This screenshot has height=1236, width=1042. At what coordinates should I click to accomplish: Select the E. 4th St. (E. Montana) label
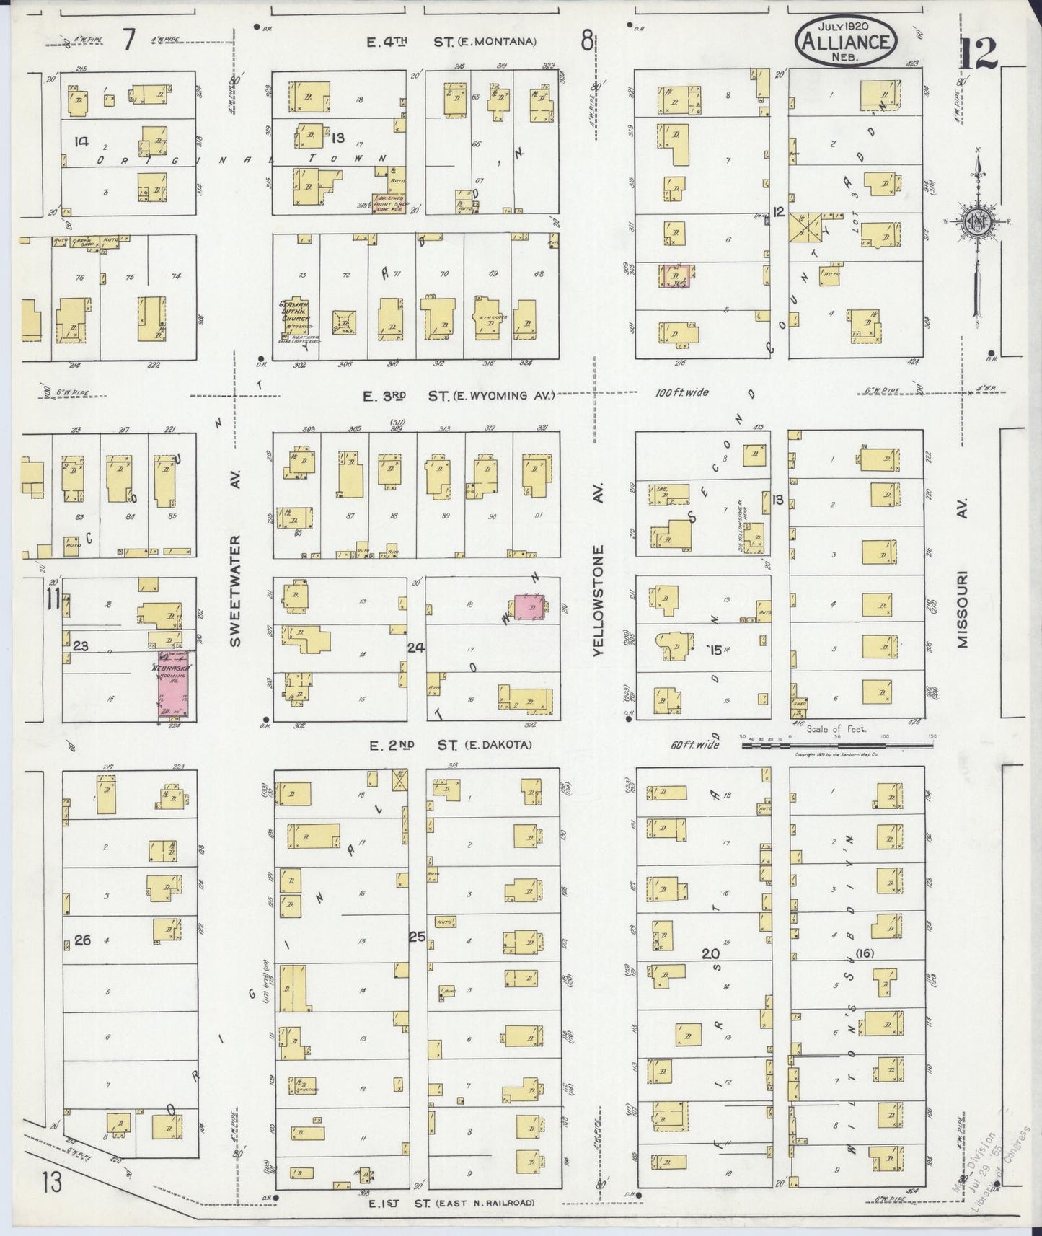click(x=451, y=42)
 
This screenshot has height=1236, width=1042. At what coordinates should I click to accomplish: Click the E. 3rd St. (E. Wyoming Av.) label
click(x=459, y=395)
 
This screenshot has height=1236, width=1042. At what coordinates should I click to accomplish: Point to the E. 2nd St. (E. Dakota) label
click(x=450, y=745)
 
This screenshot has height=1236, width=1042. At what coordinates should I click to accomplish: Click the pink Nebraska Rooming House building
click(x=174, y=684)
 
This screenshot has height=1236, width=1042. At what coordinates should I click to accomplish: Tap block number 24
click(x=415, y=648)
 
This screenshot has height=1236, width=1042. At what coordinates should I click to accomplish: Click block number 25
click(x=417, y=937)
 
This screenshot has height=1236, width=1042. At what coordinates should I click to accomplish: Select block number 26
click(x=82, y=940)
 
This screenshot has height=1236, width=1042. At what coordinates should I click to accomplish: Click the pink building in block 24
click(x=530, y=609)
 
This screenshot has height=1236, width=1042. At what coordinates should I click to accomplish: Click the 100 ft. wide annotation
click(x=681, y=392)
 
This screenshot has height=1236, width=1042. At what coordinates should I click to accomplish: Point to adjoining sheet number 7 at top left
click(x=128, y=40)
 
